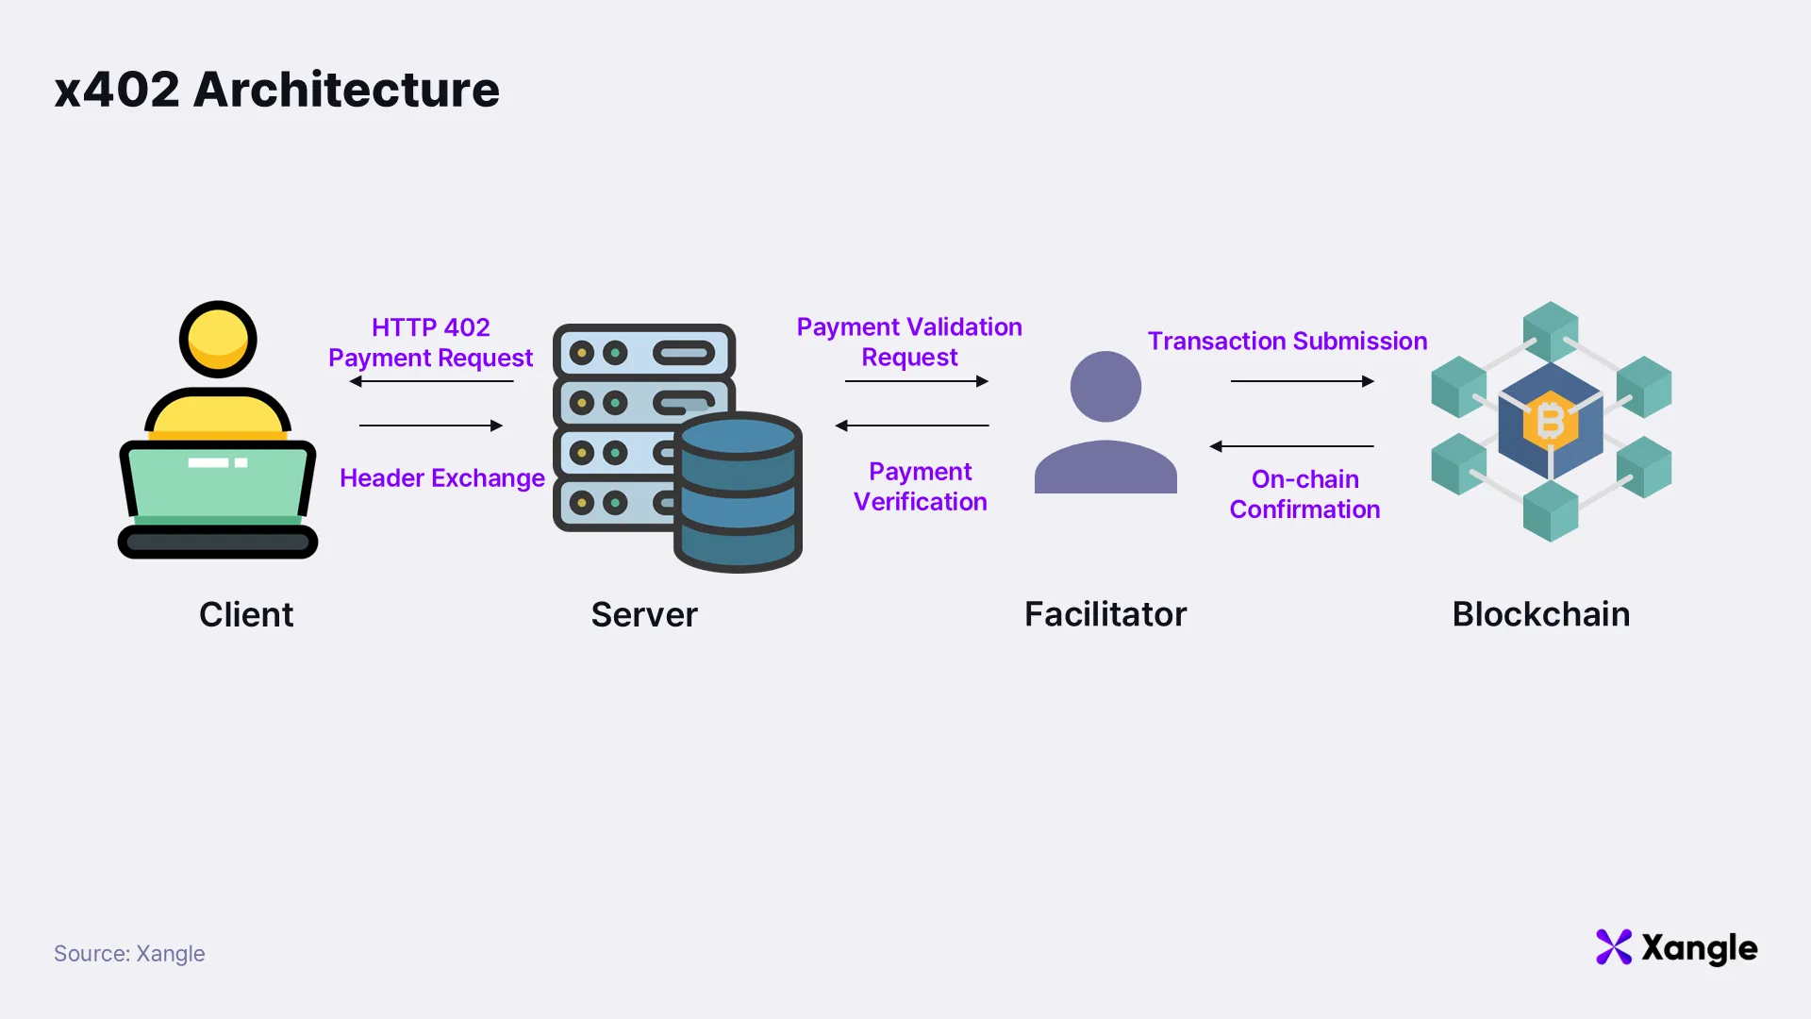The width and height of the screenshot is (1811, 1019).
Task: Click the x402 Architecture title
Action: point(276,91)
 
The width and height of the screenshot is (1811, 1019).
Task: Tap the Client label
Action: point(246,614)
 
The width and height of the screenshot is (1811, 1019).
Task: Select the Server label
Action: point(644,614)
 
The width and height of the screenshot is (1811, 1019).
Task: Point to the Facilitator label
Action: point(1105,614)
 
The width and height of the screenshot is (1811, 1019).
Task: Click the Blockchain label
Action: point(1540,614)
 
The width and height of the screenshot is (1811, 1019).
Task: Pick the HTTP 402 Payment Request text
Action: point(430,342)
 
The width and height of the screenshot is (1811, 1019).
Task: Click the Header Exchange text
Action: point(441,478)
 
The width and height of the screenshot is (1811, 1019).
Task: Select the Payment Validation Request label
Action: point(909,342)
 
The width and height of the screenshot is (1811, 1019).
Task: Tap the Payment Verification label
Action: point(920,486)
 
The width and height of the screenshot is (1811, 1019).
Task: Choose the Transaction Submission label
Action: point(1287,341)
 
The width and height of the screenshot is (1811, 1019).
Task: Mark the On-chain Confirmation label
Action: point(1304,493)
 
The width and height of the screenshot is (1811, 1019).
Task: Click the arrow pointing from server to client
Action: point(431,381)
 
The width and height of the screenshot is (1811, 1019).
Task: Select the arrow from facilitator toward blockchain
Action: point(1302,381)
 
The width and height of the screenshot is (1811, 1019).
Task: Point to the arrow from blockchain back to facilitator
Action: point(1291,446)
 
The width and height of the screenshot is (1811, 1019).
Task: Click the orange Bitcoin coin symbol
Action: point(1550,421)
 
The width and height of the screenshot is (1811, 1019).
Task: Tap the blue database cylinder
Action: point(738,492)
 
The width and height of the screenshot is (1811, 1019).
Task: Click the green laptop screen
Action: point(218,482)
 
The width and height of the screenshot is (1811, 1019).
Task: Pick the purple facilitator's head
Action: point(1105,387)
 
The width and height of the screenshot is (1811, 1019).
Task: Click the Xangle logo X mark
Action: point(1613,947)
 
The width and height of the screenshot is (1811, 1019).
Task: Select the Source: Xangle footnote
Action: point(129,954)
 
